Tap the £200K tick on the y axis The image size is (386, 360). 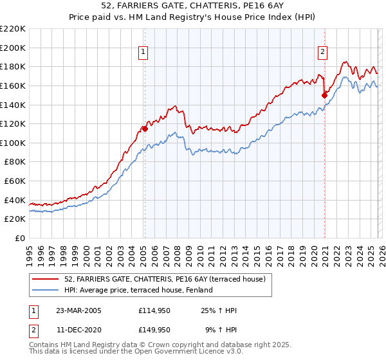point(13,48)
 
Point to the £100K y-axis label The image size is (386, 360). point(13,143)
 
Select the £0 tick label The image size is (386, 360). point(20,238)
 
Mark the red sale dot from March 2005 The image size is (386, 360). point(145,129)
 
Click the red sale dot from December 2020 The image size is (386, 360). point(324,95)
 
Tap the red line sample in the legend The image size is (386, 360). point(45,279)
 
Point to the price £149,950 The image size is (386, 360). point(154,330)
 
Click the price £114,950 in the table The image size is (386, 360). point(154,310)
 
